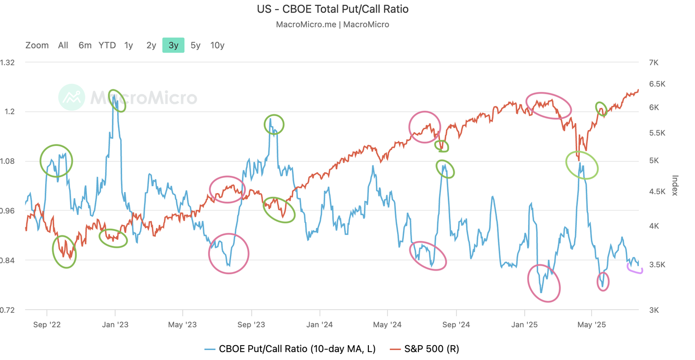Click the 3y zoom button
[x=173, y=45]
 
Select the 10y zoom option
[x=217, y=45]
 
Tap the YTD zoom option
[x=107, y=45]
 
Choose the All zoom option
[x=63, y=45]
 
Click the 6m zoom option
[x=85, y=45]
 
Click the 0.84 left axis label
[x=7, y=260]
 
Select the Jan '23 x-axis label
[x=115, y=325]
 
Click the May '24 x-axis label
[x=387, y=325]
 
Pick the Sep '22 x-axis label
[x=47, y=325]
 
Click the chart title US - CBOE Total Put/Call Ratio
[x=333, y=9]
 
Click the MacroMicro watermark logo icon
[x=71, y=97]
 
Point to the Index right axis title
[x=675, y=185]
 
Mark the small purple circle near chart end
[x=635, y=269]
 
